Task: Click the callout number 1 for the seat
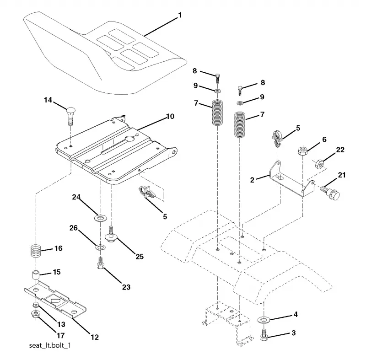[179, 16]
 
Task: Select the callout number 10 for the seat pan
[170, 116]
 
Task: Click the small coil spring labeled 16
[36, 251]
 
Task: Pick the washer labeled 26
[101, 247]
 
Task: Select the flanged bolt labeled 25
[111, 235]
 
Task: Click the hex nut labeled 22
[319, 164]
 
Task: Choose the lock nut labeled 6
[303, 150]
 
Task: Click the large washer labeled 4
[264, 320]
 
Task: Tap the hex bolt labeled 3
[264, 334]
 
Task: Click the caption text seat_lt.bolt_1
[50, 345]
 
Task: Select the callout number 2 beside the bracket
[252, 180]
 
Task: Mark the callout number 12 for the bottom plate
[95, 337]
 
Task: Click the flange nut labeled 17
[36, 314]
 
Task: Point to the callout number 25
[140, 257]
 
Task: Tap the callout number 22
[340, 150]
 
